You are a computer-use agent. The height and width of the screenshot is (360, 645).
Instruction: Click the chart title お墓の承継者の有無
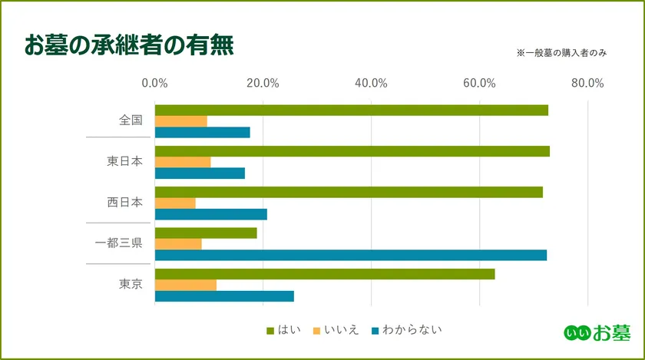coord(128,45)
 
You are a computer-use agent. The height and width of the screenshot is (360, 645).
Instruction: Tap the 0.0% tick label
coord(155,84)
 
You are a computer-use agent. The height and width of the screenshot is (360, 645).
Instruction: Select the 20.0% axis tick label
coord(263,84)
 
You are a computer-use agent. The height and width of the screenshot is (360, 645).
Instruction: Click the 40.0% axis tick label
coord(371,84)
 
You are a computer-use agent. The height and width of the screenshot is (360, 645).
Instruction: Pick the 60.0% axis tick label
coord(479,84)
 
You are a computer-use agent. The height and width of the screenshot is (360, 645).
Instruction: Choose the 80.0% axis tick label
coord(587,84)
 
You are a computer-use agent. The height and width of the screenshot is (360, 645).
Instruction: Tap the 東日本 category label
coord(124,162)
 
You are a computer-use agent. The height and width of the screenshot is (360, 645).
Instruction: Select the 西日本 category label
coord(124,203)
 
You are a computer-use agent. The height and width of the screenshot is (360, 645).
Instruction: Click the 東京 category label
coord(131,284)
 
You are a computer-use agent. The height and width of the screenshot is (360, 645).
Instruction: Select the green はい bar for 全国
coord(352,110)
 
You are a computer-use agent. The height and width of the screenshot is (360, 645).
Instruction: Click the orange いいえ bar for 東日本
coord(183,162)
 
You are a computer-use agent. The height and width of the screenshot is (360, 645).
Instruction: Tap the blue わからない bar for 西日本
coord(211,214)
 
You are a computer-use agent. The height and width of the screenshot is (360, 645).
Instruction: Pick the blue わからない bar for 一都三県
coord(351,255)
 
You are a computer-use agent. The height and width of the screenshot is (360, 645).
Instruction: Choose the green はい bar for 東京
coord(325,274)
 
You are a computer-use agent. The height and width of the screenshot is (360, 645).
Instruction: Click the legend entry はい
coord(283,330)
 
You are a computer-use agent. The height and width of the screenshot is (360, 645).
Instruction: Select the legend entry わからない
coord(408,330)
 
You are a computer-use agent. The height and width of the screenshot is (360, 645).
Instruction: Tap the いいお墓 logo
coord(597,332)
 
